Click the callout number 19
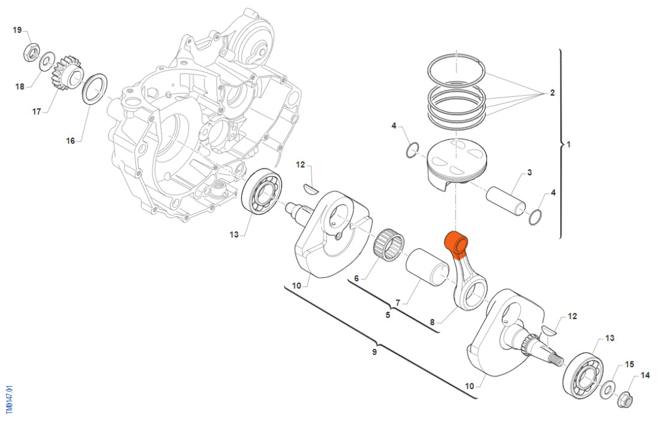(17, 30)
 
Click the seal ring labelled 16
(95, 88)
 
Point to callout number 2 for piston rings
(552, 93)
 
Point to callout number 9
(374, 352)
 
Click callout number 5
(388, 314)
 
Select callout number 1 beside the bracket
(569, 145)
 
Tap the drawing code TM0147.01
(8, 399)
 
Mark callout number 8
(432, 323)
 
